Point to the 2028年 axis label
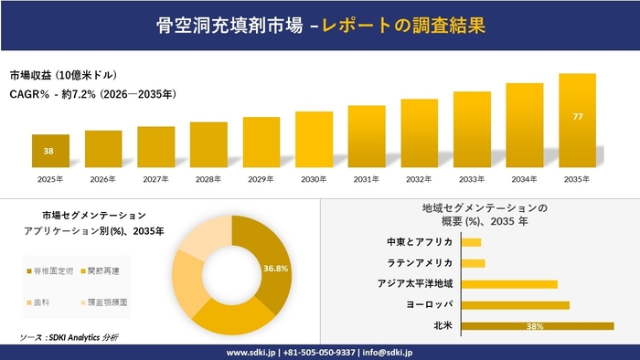pyautogui.click(x=208, y=179)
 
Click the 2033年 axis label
pyautogui.click(x=472, y=179)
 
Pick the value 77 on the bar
pyautogui.click(x=577, y=118)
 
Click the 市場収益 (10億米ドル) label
pyautogui.click(x=64, y=75)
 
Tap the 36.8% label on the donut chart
pyautogui.click(x=275, y=269)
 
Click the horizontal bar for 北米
pyautogui.click(x=538, y=325)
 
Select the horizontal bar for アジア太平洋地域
pyautogui.click(x=509, y=284)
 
